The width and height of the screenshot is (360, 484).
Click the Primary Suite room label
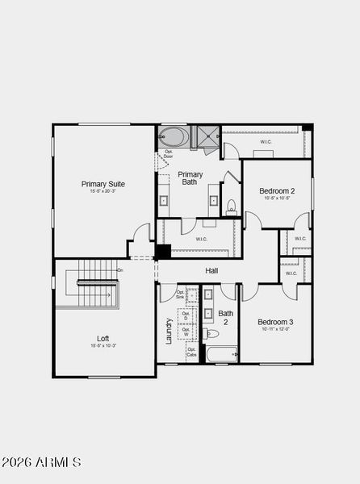click(103, 184)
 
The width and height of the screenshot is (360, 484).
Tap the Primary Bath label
click(190, 178)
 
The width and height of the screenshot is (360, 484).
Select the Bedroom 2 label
click(277, 191)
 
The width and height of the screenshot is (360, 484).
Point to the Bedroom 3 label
click(277, 321)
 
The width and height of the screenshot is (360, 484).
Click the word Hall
click(211, 271)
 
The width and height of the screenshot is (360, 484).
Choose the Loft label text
click(103, 339)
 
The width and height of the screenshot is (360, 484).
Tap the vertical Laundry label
click(169, 331)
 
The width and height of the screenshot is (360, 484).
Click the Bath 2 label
click(226, 318)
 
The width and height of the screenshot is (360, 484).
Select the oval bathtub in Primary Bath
click(171, 136)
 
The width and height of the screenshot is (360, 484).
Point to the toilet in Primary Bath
click(231, 206)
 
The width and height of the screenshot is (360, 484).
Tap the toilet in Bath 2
click(212, 333)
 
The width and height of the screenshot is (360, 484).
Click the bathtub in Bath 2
click(219, 353)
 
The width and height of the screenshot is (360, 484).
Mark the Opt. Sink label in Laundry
click(179, 294)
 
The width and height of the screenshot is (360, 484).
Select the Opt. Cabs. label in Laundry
click(191, 353)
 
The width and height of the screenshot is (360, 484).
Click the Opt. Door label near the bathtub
click(169, 153)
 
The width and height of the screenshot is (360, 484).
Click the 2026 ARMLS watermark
click(41, 462)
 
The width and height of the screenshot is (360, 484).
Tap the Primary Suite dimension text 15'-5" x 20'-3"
click(103, 192)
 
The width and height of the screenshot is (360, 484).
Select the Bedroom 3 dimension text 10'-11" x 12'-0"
click(277, 329)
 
